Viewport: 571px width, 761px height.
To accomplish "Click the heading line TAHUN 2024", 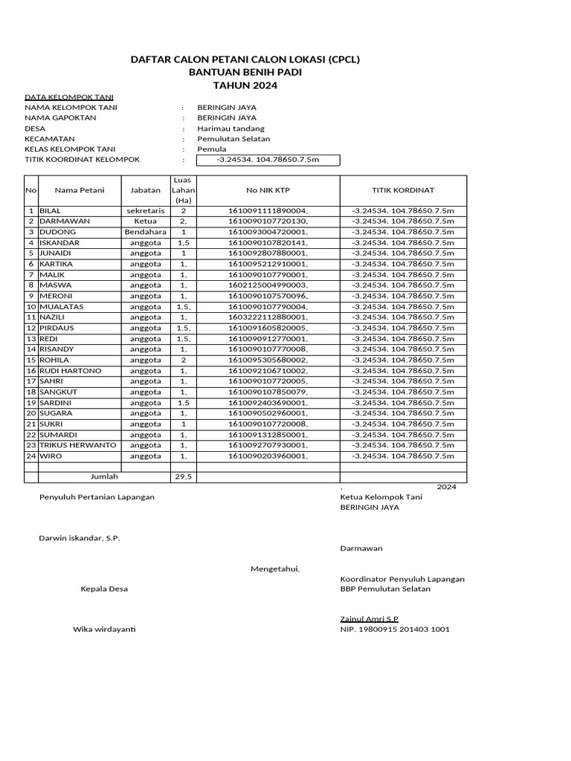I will tap(245, 86).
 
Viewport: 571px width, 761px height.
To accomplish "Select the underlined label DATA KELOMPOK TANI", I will tap(68, 97).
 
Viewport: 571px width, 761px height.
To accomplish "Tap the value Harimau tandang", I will tap(230, 129).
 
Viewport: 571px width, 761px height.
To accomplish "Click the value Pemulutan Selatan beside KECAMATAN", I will tap(233, 139).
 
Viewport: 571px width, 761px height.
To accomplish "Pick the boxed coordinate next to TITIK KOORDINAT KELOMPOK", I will tap(267, 160).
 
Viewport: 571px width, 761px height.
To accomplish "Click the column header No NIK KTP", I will tap(268, 190).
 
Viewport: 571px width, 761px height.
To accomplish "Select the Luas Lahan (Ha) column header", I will tap(183, 190).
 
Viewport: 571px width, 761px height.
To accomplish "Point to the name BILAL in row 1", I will tap(51, 211).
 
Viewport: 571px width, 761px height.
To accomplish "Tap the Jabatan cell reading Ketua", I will tap(145, 221).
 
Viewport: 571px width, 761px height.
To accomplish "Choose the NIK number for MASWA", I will tap(268, 285).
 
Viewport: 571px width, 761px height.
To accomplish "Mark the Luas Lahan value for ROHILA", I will tap(183, 360).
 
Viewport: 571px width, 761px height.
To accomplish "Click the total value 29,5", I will tap(183, 477).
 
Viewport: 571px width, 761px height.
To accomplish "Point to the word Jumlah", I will tap(104, 476).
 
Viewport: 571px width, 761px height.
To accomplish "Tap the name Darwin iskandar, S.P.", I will tap(79, 538).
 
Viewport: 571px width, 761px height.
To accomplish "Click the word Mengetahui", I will tap(275, 569).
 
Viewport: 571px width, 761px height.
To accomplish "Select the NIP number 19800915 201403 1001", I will tap(394, 629).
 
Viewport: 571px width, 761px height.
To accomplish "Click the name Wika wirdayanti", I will tap(103, 629).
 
